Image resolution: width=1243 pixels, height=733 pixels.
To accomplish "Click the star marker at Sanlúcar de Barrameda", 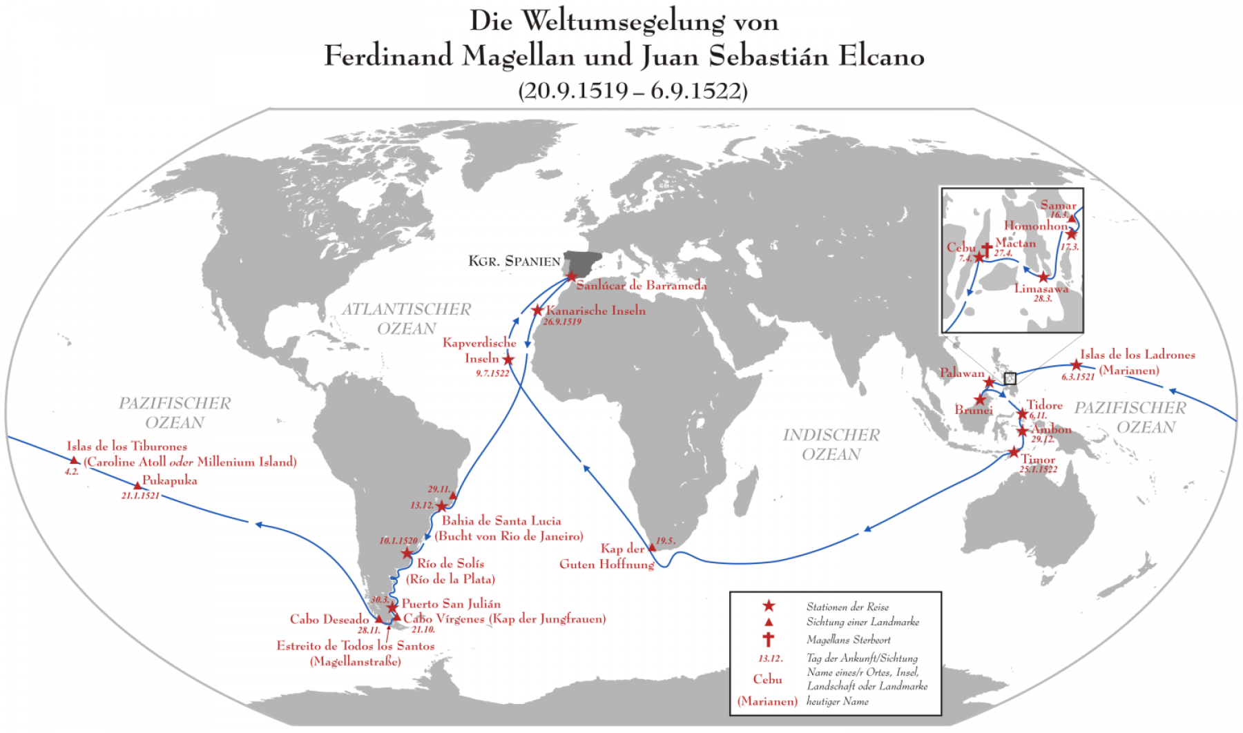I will (x=571, y=276).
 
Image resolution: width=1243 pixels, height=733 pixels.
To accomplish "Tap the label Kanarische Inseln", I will (x=596, y=311).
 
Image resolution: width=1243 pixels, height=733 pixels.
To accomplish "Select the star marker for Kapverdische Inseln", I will (x=508, y=360).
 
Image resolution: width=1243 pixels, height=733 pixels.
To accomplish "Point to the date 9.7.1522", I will (x=492, y=373).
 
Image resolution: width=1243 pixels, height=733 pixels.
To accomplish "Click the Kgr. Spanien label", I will (x=514, y=261).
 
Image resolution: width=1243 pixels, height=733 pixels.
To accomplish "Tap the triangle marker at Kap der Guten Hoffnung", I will (x=651, y=547).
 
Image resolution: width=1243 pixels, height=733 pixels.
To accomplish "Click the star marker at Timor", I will (x=1013, y=453).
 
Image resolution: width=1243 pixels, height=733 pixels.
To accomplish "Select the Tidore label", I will (x=1044, y=405).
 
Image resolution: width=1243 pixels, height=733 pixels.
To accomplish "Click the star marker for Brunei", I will (x=980, y=400).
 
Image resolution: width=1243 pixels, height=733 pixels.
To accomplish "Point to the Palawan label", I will (x=962, y=373).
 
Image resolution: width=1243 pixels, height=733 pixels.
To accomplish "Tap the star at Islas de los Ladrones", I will (x=1076, y=365).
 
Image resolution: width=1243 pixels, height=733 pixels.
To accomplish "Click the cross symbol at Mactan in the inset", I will (x=986, y=249).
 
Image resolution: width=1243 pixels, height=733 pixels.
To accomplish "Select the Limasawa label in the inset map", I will (x=1041, y=289).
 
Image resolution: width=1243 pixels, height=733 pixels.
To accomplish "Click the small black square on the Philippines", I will (x=1010, y=378).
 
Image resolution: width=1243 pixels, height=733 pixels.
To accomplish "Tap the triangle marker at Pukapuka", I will (x=137, y=487).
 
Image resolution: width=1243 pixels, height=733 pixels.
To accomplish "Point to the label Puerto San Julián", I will (x=451, y=604).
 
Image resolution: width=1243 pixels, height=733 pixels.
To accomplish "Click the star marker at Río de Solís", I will (x=407, y=553).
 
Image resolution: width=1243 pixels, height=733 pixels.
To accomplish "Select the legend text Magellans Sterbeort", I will (x=848, y=640).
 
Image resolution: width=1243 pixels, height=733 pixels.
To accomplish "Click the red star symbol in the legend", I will (x=768, y=606).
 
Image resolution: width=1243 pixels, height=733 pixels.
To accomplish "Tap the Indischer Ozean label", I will (x=831, y=444).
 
